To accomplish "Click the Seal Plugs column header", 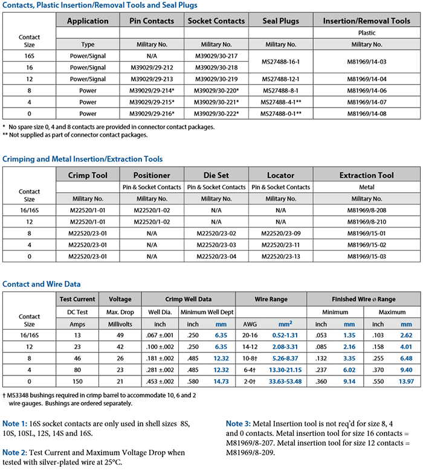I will pos(280,21).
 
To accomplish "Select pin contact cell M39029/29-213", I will pos(151,79).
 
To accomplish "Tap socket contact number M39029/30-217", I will pos(216,56).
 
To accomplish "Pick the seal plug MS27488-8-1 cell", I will pos(280,90).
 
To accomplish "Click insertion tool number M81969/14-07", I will pos(366,102).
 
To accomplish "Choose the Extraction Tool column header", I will pos(366,175).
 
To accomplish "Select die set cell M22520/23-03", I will pos(216,245).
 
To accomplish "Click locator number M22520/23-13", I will pos(280,256).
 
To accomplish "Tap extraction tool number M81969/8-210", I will pos(366,222).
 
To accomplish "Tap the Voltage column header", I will pos(119,299).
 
